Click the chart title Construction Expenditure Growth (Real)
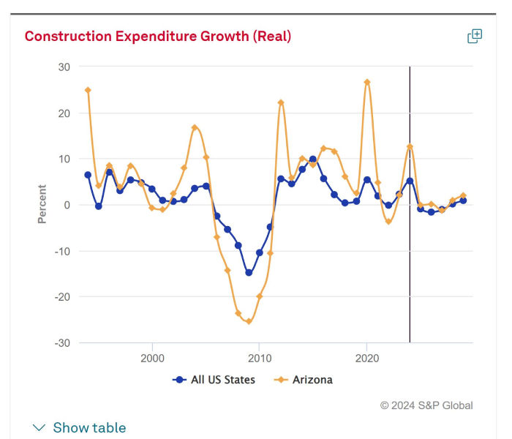(158, 36)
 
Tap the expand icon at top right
(475, 36)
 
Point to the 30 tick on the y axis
(64, 67)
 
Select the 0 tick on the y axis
(67, 205)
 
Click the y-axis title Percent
(42, 204)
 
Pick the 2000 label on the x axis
(152, 358)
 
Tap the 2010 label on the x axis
(259, 358)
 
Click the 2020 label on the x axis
(366, 358)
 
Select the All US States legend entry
(214, 380)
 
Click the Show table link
(80, 427)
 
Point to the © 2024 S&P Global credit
(426, 405)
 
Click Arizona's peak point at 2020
(367, 82)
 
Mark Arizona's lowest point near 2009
(249, 321)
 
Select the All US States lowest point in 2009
(249, 272)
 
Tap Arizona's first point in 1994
(88, 90)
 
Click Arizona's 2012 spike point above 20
(281, 102)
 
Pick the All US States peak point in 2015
(313, 159)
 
